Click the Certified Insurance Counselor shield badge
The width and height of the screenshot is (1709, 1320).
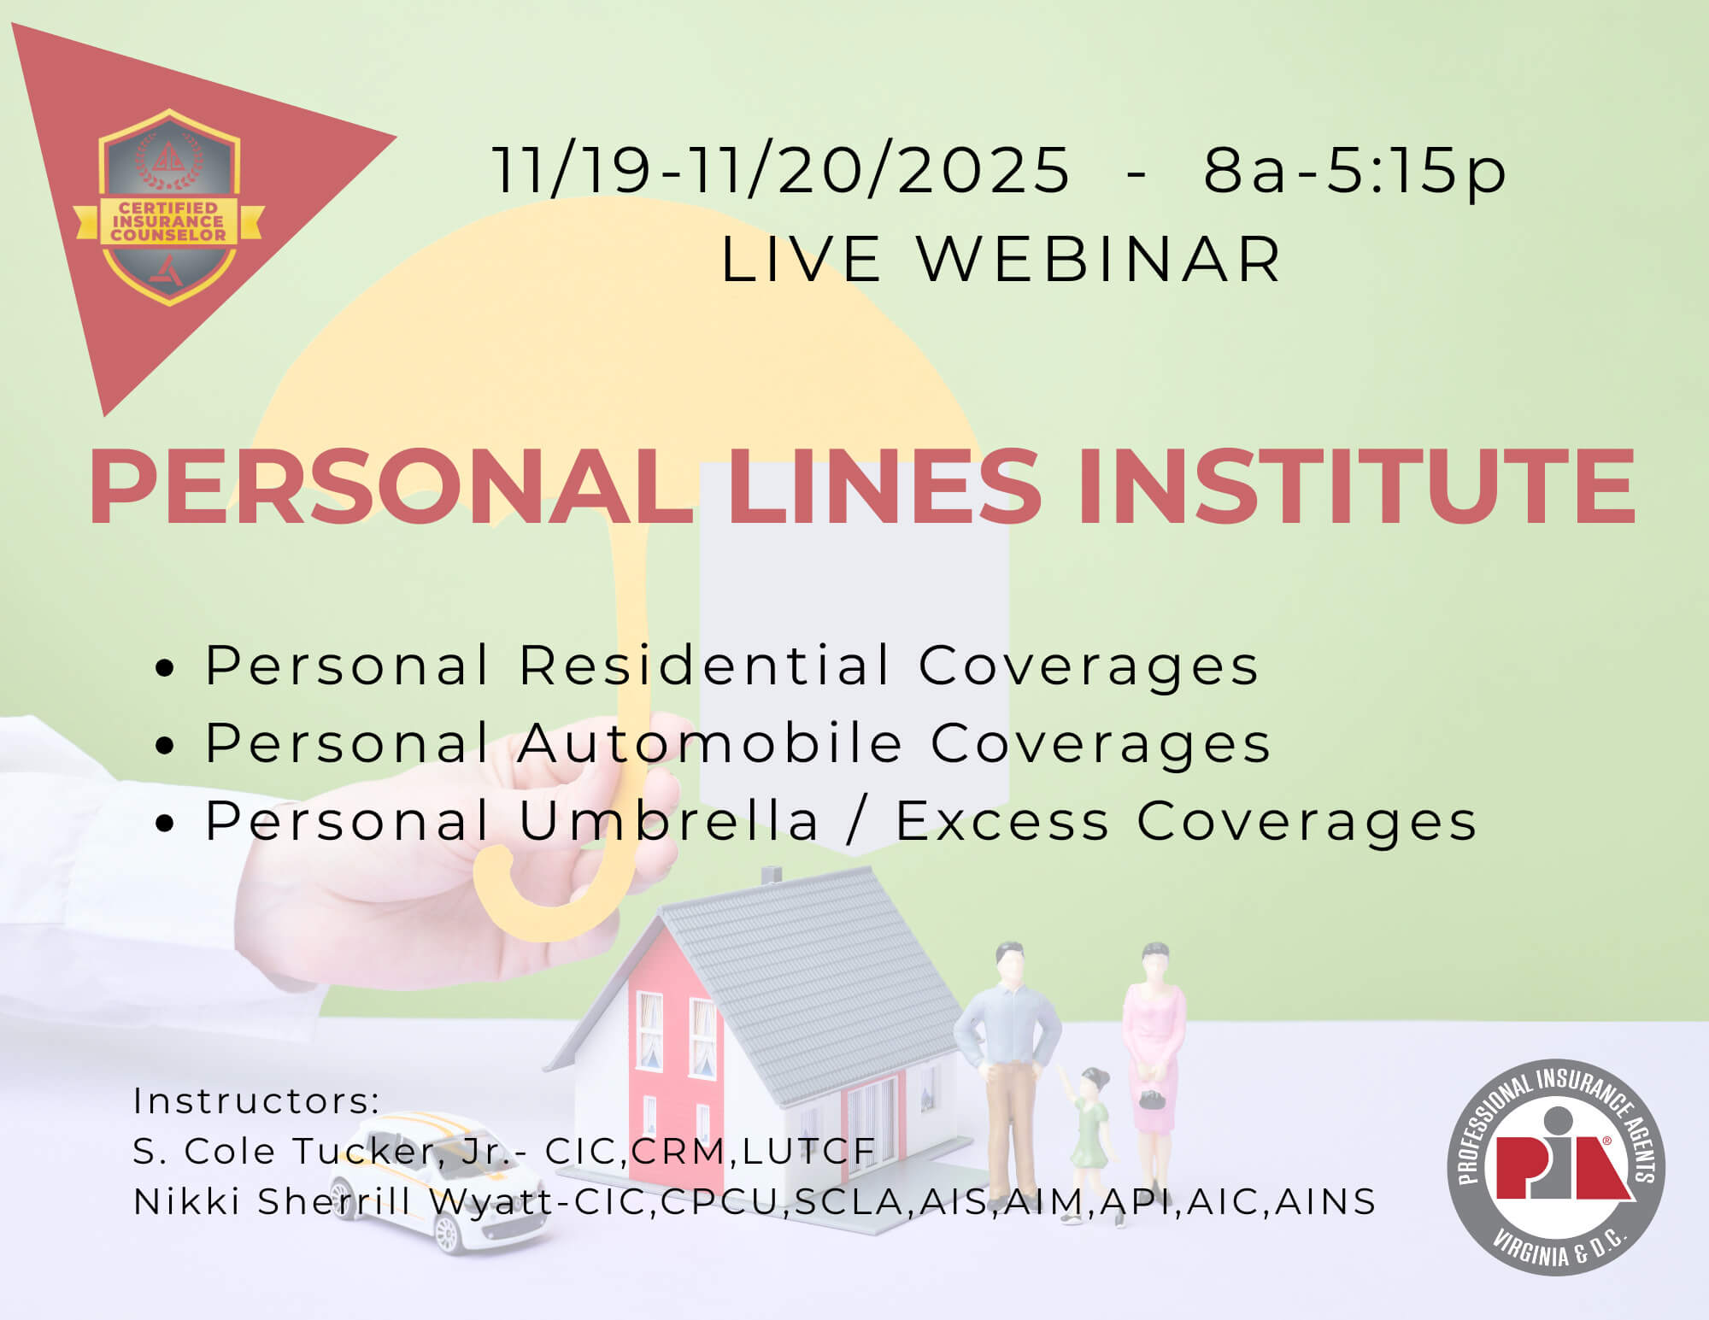tap(169, 208)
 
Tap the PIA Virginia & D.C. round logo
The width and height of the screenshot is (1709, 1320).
tap(1556, 1167)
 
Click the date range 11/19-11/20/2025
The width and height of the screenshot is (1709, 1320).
tap(781, 170)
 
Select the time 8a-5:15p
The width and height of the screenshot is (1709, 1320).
tap(1354, 172)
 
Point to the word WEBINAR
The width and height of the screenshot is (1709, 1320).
tap(1099, 259)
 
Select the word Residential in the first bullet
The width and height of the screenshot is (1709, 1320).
tap(706, 665)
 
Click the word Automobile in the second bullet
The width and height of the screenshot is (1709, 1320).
tap(711, 742)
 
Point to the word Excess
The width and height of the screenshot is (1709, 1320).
tap(1002, 821)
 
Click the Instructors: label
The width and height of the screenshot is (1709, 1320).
tap(256, 1101)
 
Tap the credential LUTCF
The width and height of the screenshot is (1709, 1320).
tap(809, 1152)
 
